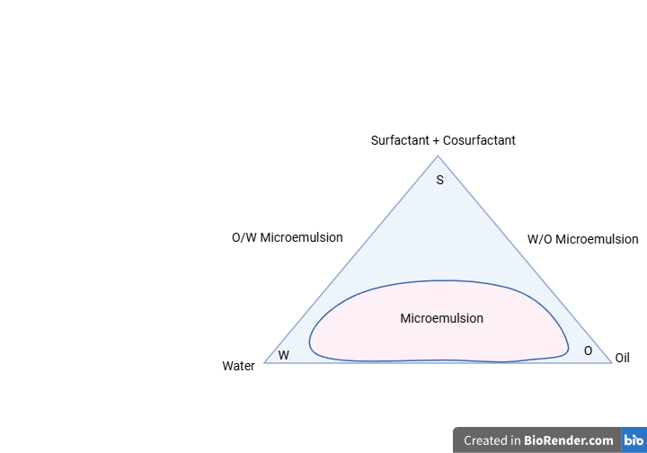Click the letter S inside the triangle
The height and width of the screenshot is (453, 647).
click(439, 181)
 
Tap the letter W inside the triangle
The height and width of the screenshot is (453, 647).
click(283, 355)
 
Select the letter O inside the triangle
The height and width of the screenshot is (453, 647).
click(588, 351)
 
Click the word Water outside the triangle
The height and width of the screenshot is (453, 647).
click(238, 366)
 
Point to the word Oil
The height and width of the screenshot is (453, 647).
click(622, 358)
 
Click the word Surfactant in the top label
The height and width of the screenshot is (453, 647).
click(400, 140)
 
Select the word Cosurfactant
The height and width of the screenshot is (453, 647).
click(479, 140)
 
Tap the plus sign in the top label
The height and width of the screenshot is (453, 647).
click(436, 141)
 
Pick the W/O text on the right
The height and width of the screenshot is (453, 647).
click(540, 239)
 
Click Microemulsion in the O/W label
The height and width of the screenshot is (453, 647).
click(301, 237)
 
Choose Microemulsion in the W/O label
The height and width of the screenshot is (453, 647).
click(597, 239)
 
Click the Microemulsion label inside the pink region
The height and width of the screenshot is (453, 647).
click(441, 318)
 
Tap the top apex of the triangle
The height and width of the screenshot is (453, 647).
click(438, 156)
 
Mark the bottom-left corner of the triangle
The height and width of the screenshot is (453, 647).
click(264, 363)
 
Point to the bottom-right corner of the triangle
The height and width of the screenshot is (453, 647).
click(612, 363)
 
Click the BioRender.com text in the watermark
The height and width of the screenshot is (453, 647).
click(569, 440)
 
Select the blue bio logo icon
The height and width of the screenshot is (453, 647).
click(634, 440)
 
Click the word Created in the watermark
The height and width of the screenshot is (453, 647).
click(487, 440)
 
